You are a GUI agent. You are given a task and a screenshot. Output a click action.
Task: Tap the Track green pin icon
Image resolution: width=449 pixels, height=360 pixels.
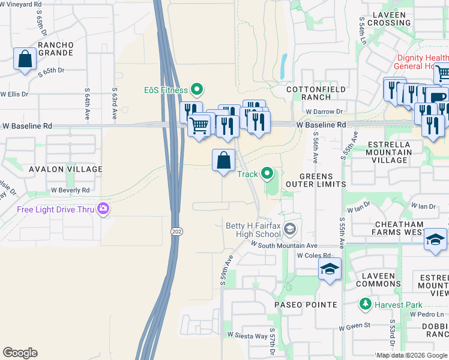click(268, 174)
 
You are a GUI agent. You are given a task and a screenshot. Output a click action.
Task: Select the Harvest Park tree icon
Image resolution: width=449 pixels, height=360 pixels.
click(365, 305)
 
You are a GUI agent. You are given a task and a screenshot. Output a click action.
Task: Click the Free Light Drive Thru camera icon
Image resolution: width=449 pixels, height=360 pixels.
click(105, 209)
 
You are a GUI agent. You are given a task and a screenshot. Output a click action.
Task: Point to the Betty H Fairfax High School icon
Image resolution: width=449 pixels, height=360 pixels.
click(291, 229)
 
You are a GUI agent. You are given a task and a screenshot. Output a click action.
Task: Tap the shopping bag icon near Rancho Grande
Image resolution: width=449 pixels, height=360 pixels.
click(25, 59)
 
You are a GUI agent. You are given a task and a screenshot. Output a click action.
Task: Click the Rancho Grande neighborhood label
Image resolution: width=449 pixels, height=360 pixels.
click(55, 49)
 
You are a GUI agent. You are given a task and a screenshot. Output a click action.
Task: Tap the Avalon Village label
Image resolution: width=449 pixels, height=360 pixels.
click(65, 170)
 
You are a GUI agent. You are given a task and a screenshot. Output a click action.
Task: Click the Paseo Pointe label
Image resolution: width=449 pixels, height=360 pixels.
click(306, 305)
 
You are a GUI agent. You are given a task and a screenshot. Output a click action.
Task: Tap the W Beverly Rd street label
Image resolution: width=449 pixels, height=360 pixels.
click(70, 190)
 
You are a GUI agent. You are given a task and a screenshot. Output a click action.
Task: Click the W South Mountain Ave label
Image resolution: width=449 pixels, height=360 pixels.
click(284, 245)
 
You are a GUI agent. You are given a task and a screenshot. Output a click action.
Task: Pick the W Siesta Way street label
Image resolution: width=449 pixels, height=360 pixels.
click(247, 335)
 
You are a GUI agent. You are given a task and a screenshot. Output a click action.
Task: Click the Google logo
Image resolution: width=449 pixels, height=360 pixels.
click(20, 353)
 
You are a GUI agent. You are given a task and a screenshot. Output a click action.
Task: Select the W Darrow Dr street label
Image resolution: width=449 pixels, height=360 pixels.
click(324, 112)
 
